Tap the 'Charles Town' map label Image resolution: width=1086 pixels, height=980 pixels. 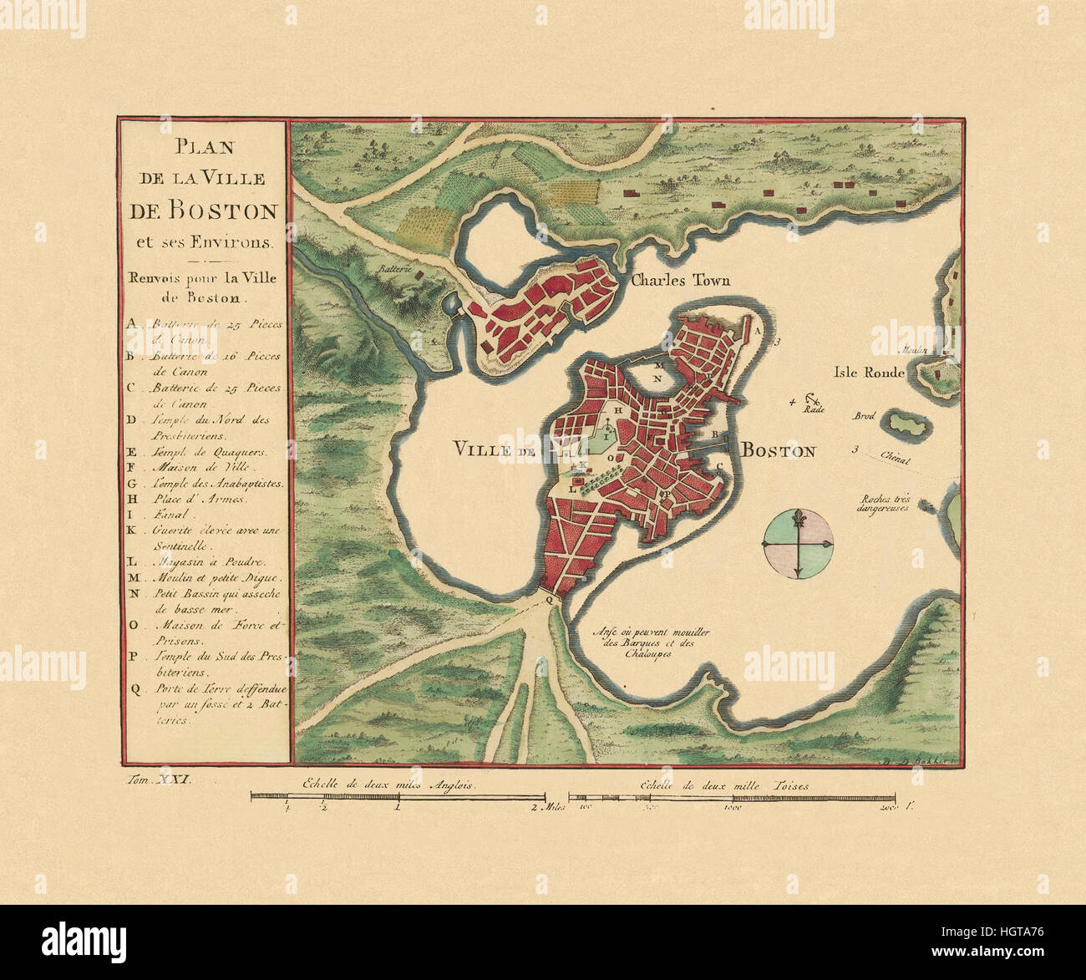[x=680, y=281]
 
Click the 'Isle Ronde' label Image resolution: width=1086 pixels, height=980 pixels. [x=868, y=373]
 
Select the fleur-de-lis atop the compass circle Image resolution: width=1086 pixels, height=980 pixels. [x=797, y=515]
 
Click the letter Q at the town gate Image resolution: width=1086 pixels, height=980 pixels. [x=548, y=599]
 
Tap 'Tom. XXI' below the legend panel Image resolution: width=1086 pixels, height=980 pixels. [x=158, y=779]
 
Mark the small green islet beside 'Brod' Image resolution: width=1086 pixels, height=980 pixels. [x=904, y=423]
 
